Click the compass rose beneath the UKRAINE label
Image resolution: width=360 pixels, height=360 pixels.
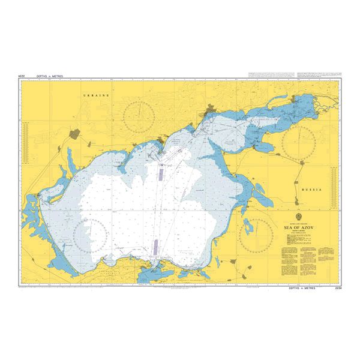coord(139,113)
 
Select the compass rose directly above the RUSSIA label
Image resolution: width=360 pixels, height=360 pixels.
coord(298,143)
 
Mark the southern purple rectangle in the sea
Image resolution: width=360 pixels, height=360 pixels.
coord(155,246)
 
